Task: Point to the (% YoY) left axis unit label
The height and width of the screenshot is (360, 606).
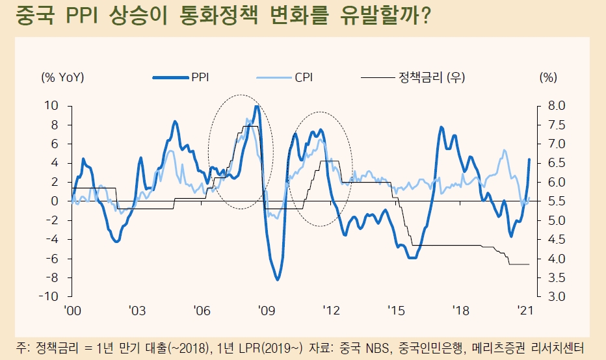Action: pos(62,77)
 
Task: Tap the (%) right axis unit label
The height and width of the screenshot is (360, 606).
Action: pos(548,77)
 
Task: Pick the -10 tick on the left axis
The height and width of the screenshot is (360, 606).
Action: pos(49,297)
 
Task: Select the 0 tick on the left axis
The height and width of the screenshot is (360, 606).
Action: pos(55,201)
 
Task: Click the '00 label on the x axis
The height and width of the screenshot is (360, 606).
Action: pos(73,311)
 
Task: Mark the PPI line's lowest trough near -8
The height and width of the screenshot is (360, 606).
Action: pos(278,279)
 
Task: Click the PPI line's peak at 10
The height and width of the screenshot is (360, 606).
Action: pos(257,106)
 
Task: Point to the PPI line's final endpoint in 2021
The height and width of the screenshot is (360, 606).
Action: pos(529,159)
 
